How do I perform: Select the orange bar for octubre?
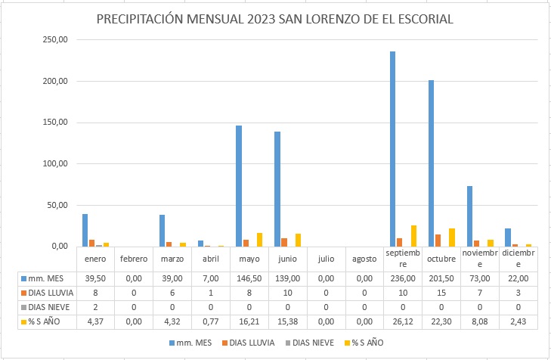(x=438, y=241)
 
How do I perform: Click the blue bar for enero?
(x=85, y=231)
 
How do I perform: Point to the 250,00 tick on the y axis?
(x=57, y=39)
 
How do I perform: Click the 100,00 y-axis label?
(x=57, y=164)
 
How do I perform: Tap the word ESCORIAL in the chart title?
(x=421, y=19)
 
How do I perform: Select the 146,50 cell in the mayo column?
(x=248, y=278)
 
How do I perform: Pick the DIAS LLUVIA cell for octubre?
(x=441, y=293)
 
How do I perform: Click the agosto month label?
(x=364, y=259)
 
